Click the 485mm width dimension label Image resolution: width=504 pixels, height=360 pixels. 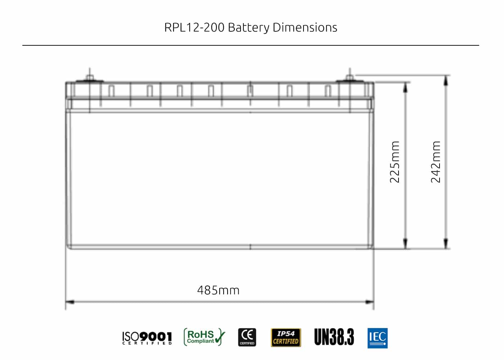click(x=218, y=290)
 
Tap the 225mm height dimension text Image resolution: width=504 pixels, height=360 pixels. click(x=395, y=162)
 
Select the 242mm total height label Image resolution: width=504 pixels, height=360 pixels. click(x=436, y=162)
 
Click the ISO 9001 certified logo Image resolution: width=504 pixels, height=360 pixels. click(x=147, y=338)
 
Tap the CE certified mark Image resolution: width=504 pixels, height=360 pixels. click(x=247, y=337)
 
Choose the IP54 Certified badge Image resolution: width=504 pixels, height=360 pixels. click(x=286, y=338)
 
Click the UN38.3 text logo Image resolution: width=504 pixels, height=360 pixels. click(x=334, y=337)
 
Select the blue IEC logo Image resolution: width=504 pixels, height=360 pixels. click(x=377, y=338)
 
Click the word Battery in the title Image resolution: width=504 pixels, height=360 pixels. click(x=248, y=28)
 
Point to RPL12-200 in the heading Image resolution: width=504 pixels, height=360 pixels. click(x=194, y=28)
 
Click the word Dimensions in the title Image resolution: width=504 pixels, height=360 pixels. click(x=305, y=28)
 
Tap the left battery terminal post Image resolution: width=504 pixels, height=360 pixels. click(x=89, y=77)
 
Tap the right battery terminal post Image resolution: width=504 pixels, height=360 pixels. click(x=349, y=77)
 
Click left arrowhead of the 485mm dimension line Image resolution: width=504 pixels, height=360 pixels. click(x=69, y=302)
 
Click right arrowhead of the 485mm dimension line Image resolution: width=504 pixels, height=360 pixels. click(x=370, y=302)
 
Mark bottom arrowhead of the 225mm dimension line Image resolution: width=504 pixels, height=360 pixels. click(x=405, y=244)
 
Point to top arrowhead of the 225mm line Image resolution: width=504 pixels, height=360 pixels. click(x=405, y=86)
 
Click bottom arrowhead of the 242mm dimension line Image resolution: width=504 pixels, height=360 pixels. click(x=446, y=244)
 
